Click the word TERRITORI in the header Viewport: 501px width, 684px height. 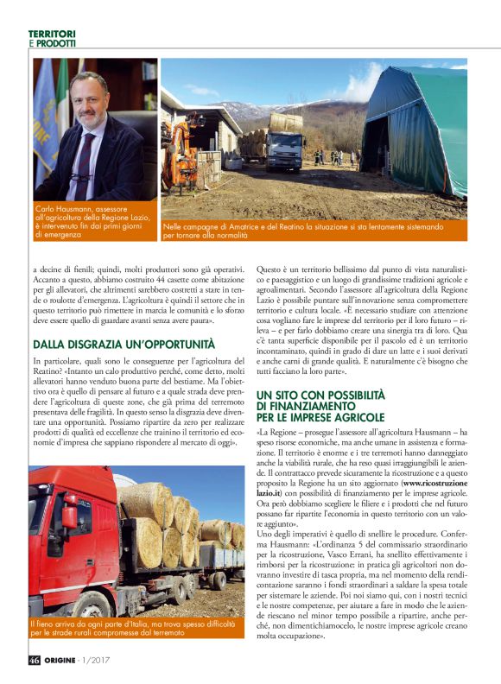coord(51,33)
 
